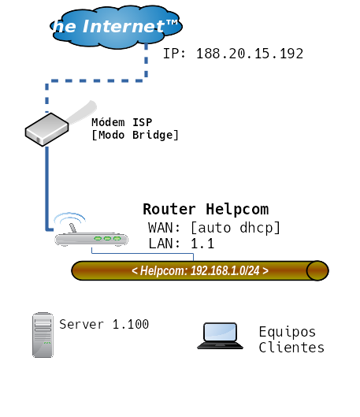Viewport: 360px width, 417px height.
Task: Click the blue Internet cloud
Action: pyautogui.click(x=116, y=27)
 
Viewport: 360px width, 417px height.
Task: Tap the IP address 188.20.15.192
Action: pyautogui.click(x=250, y=54)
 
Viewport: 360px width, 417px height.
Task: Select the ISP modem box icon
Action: pyautogui.click(x=46, y=129)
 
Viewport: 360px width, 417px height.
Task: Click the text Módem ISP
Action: pyautogui.click(x=121, y=122)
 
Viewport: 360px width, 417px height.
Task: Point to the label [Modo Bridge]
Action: pyautogui.click(x=135, y=135)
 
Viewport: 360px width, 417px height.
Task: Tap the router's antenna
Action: pyautogui.click(x=72, y=228)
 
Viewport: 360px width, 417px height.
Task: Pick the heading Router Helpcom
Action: pyautogui.click(x=206, y=209)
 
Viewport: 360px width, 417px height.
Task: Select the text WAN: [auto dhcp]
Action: pyautogui.click(x=214, y=228)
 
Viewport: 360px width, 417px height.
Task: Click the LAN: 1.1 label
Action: pyautogui.click(x=181, y=244)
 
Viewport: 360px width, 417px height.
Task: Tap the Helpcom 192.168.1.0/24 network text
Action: pyautogui.click(x=200, y=270)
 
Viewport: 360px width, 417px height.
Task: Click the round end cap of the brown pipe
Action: pyautogui.click(x=317, y=270)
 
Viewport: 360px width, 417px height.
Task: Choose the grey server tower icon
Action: pyautogui.click(x=43, y=335)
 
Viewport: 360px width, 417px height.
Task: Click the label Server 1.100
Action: pyautogui.click(x=104, y=324)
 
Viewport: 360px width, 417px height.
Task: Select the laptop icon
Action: pyautogui.click(x=220, y=336)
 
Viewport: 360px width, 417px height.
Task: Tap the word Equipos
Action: pyautogui.click(x=288, y=333)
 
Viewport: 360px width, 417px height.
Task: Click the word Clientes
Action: pyautogui.click(x=291, y=348)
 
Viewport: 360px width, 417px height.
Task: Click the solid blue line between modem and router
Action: pyautogui.click(x=47, y=188)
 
